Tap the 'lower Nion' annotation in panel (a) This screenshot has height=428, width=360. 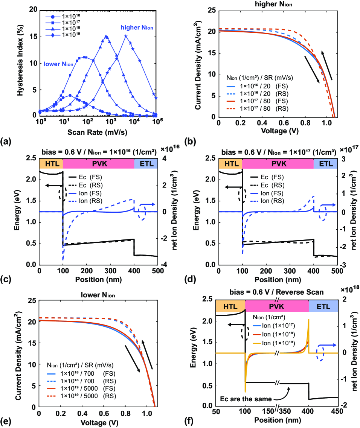pos(58,64)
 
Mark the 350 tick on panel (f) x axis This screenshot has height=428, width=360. pos(285,411)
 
